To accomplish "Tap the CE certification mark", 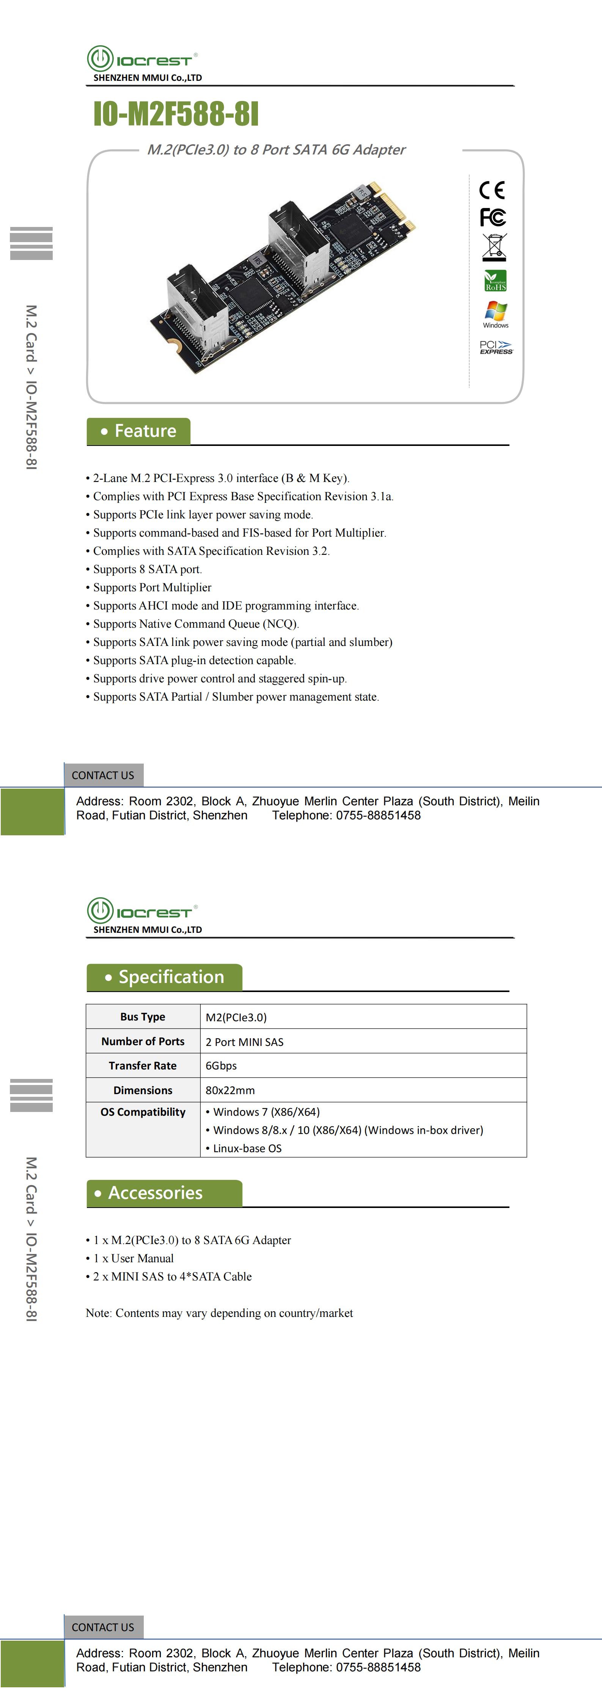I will point(492,191).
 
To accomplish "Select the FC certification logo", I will point(493,217).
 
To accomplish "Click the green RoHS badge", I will point(495,280).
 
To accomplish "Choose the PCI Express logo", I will point(495,347).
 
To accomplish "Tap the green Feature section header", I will point(139,431).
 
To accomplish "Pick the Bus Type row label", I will point(143,1017).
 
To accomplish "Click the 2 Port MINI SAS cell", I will point(244,1042).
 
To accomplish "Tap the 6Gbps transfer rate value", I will point(221,1066).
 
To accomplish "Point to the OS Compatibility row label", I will point(143,1112).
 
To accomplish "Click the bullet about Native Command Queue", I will point(196,624).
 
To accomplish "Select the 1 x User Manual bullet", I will point(133,1258).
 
